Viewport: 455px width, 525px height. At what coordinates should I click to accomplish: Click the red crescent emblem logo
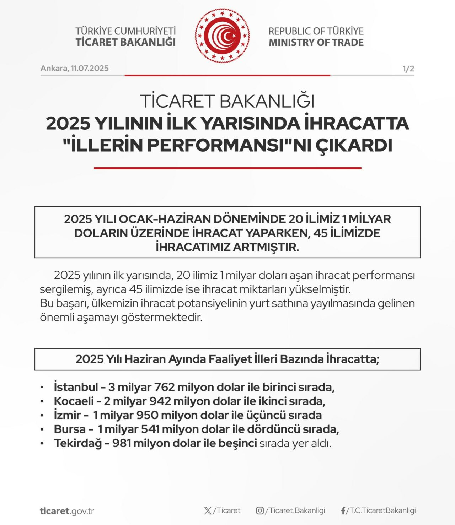[x=222, y=36]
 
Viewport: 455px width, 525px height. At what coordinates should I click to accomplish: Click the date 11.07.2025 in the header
[x=90, y=68]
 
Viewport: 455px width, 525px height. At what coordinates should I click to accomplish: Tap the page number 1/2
[x=408, y=69]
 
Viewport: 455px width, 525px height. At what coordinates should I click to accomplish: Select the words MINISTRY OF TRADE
[x=316, y=43]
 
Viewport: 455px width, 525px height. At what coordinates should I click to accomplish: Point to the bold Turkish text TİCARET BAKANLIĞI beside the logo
[x=125, y=42]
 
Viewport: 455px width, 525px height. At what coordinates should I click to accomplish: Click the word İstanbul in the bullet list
[x=76, y=387]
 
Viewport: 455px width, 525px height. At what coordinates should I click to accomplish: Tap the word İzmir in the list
[x=68, y=415]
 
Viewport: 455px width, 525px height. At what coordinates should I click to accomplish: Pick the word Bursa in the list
[x=69, y=429]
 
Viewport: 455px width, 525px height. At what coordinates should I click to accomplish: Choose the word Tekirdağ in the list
[x=78, y=443]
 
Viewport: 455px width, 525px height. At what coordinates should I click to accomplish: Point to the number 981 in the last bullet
[x=122, y=443]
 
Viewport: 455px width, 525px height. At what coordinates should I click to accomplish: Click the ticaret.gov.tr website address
[x=67, y=511]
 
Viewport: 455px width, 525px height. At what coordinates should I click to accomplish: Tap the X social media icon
[x=208, y=511]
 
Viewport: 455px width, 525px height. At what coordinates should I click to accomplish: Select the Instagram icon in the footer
[x=260, y=510]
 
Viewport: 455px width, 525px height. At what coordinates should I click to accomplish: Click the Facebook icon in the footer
[x=343, y=511]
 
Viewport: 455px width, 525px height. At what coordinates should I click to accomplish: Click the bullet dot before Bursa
[x=42, y=429]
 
